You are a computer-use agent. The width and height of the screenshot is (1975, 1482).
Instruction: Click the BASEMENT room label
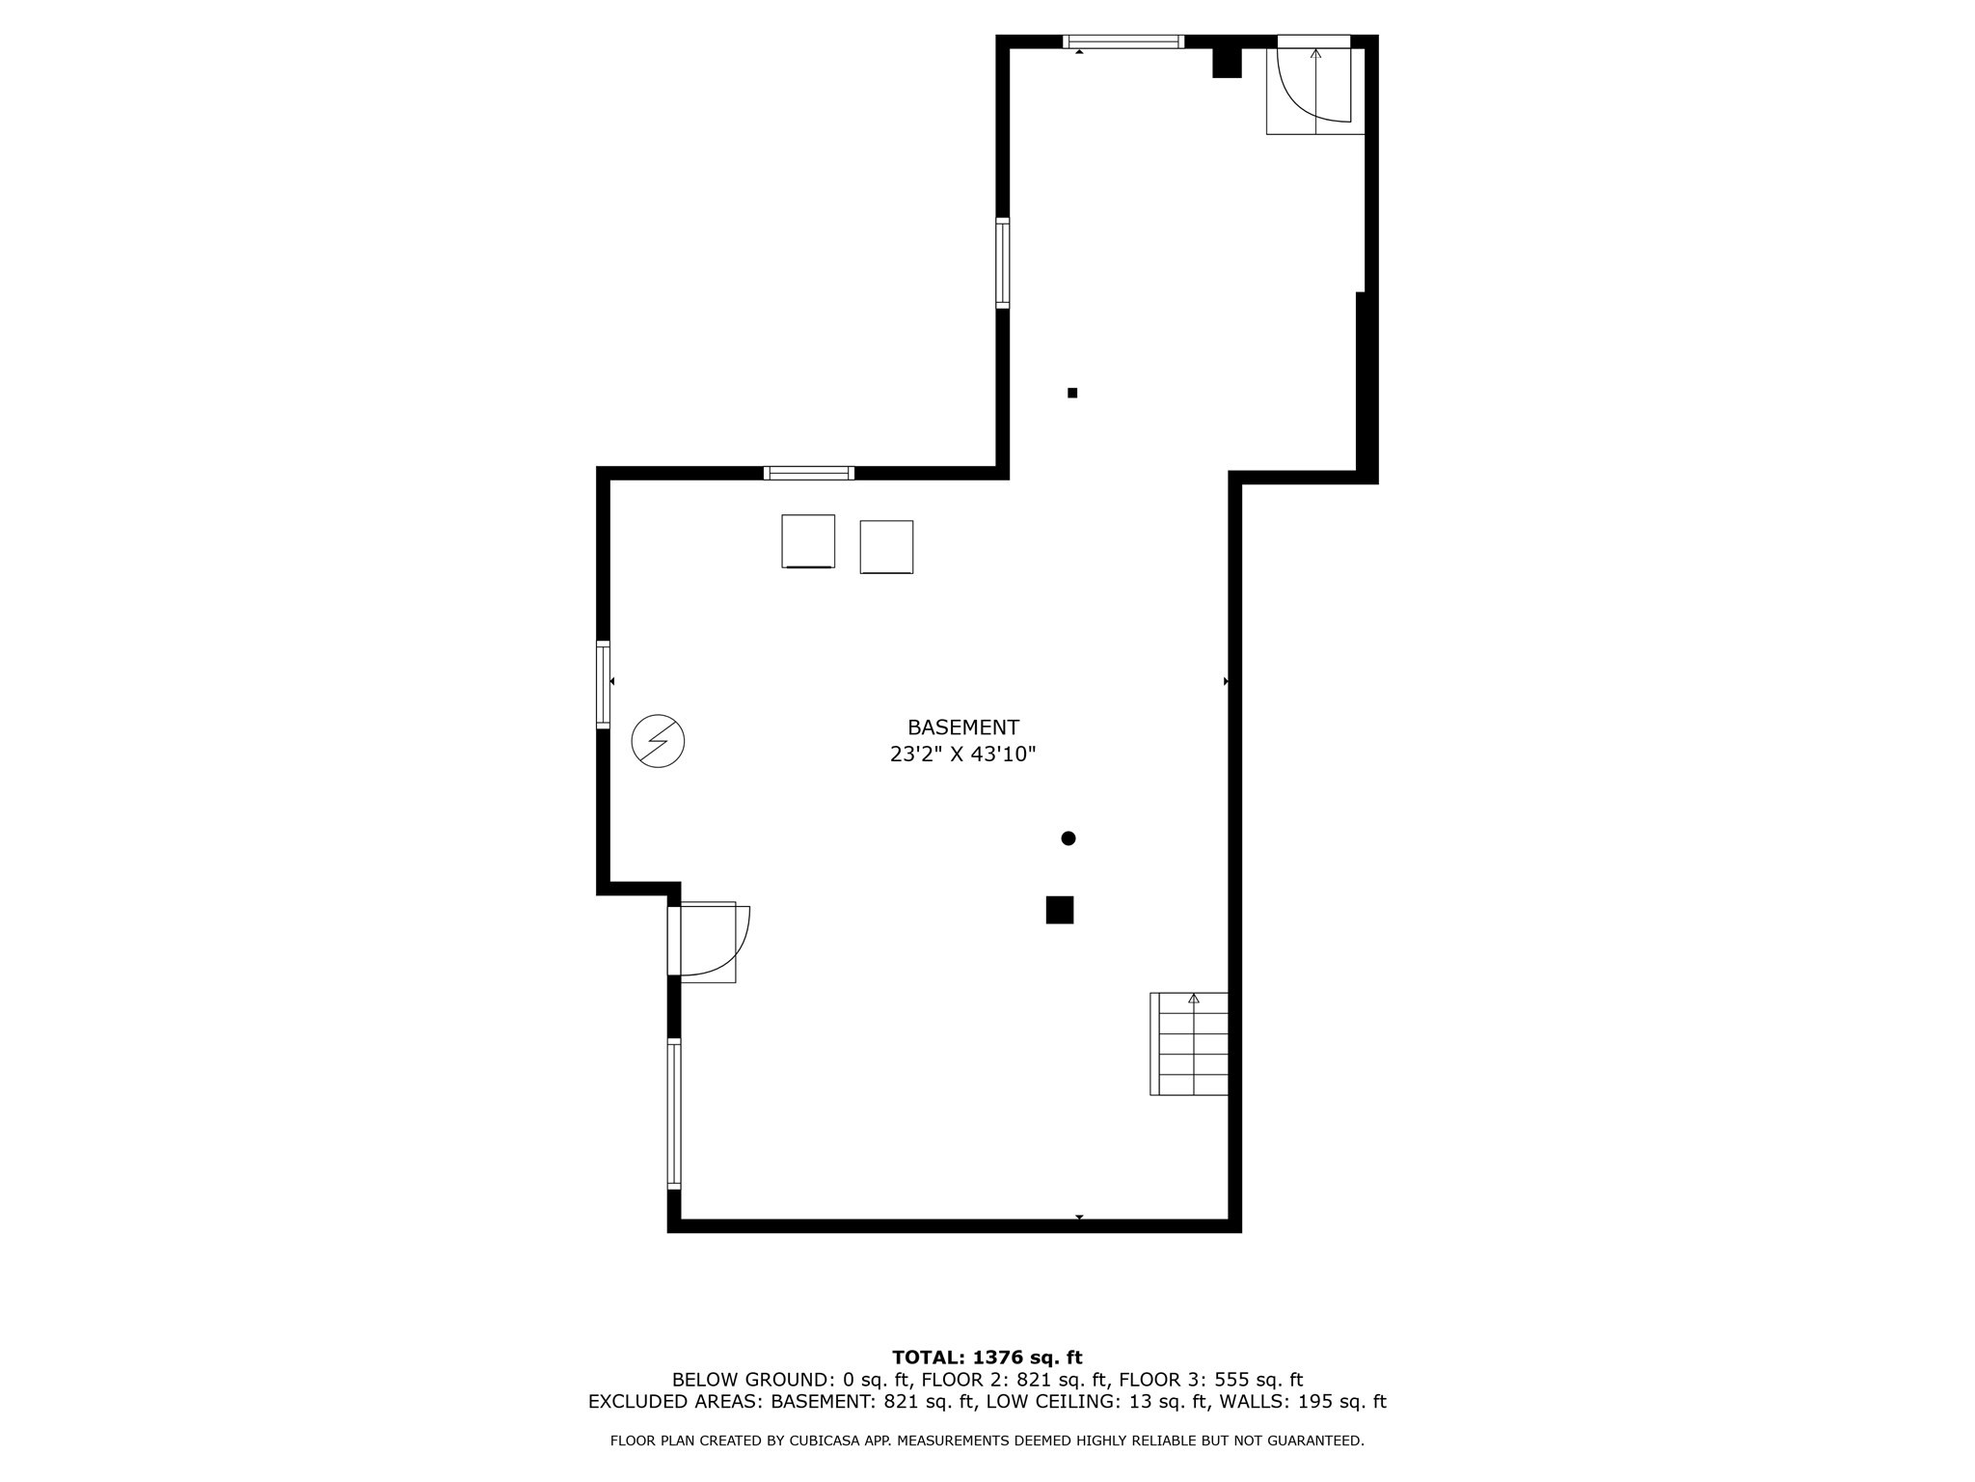point(962,727)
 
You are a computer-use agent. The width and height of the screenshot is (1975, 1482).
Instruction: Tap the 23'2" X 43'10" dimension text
point(962,755)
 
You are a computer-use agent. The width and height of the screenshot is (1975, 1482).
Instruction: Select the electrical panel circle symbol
point(658,741)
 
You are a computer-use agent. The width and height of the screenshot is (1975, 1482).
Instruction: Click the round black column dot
point(1068,838)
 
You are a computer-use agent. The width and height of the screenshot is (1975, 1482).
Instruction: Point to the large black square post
point(1059,910)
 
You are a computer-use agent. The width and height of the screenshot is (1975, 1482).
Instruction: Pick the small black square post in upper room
point(1072,393)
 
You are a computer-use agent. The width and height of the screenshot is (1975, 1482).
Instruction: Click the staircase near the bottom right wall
point(1190,1044)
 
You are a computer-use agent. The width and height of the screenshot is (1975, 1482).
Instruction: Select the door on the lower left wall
point(708,941)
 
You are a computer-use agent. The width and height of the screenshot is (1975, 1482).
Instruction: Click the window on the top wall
point(1123,41)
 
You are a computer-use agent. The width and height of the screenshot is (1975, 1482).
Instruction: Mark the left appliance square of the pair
point(808,541)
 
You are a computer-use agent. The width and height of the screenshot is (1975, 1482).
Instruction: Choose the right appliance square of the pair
point(886,547)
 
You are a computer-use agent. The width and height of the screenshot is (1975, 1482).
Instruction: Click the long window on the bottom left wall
point(674,1112)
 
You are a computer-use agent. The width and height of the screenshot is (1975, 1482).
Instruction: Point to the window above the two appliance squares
point(808,473)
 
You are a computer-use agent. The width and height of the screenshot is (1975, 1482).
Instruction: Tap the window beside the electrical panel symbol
point(604,684)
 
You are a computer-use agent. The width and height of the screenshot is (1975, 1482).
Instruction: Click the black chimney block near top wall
point(1226,62)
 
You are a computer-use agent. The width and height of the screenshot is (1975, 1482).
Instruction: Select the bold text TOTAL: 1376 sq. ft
point(987,1358)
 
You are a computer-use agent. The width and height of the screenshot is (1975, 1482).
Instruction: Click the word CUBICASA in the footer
point(825,1441)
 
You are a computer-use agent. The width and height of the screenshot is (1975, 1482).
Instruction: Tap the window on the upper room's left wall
point(1003,263)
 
